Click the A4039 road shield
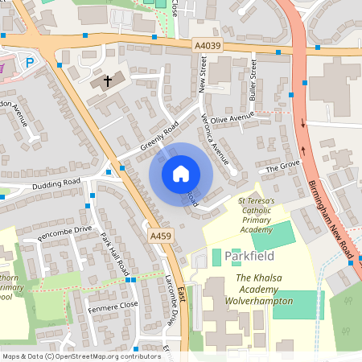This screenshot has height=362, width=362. pos(207,46)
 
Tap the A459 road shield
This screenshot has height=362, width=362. pos(159,235)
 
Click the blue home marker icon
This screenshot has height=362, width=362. pos(181,174)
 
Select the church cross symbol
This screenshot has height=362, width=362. pos(107,80)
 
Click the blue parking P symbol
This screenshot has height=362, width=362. pos(31,63)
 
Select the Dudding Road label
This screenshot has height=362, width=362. pos(57,183)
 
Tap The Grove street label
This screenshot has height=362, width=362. pos(282,167)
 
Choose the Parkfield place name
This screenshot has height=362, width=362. pos(249,256)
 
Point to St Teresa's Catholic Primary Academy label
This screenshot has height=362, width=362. pos(256,214)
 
